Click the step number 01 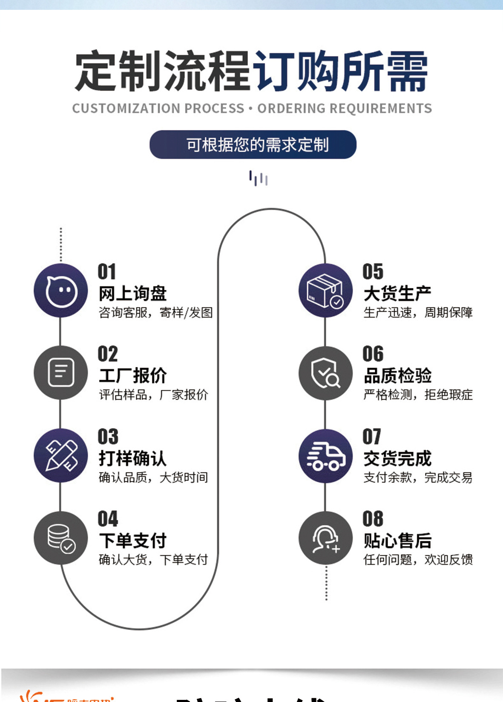106,272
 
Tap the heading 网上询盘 132,293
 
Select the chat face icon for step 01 61,291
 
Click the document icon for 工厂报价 61,373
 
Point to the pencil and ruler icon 61,455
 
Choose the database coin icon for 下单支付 61,538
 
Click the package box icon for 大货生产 325,291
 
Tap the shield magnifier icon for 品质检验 325,373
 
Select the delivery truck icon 325,456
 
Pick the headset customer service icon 325,538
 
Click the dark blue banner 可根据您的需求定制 253,144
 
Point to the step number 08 373,519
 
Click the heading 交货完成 397,458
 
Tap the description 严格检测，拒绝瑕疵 418,395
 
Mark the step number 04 108,519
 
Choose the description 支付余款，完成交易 418,477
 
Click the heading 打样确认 132,458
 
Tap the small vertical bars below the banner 258,178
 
